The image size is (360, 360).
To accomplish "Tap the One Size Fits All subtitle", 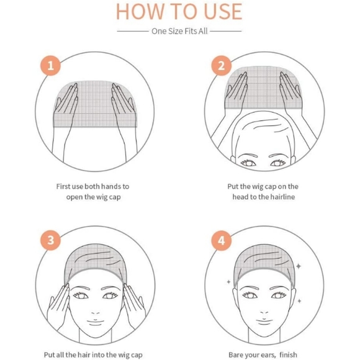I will coord(179,30).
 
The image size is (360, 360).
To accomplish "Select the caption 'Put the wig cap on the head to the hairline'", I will coord(263,192).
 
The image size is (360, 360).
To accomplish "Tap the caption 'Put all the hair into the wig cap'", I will coord(93,355).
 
